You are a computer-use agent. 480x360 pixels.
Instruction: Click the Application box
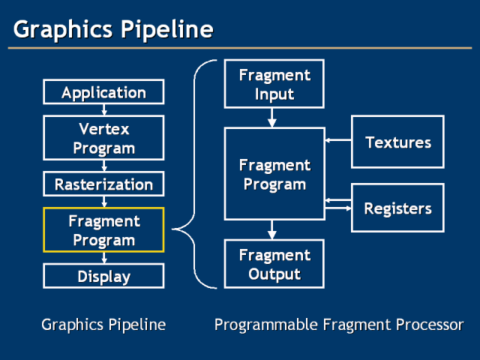[x=103, y=93]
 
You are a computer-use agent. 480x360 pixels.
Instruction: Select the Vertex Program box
[x=103, y=139]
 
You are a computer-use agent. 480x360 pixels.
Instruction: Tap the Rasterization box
[x=103, y=184]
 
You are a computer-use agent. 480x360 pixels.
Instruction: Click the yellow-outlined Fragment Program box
[x=103, y=230]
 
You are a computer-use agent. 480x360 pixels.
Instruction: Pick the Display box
[x=103, y=276]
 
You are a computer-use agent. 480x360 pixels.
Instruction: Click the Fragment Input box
[x=274, y=84]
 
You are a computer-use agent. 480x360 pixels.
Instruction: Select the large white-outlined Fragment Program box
[x=274, y=173]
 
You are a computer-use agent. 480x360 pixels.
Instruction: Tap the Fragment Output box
[x=274, y=264]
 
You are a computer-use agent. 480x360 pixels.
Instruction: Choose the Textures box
[x=397, y=142]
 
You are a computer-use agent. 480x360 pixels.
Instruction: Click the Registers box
[x=397, y=208]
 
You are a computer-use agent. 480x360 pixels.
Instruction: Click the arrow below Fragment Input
[x=273, y=118]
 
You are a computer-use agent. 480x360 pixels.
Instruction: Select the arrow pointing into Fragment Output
[x=273, y=229]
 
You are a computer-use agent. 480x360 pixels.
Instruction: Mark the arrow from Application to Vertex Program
[x=104, y=109]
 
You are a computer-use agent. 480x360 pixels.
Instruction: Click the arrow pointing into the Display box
[x=104, y=258]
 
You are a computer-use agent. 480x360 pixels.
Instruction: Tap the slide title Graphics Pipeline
[x=113, y=30]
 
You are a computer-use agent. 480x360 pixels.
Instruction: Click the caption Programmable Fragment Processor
[x=338, y=325]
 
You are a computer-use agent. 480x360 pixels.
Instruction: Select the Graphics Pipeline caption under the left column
[x=103, y=325]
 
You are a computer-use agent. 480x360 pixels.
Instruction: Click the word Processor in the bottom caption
[x=430, y=325]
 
